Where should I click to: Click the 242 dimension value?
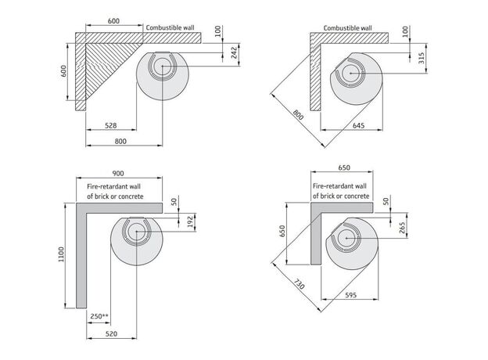(x=233, y=53)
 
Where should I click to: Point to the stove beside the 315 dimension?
(x=357, y=75)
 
